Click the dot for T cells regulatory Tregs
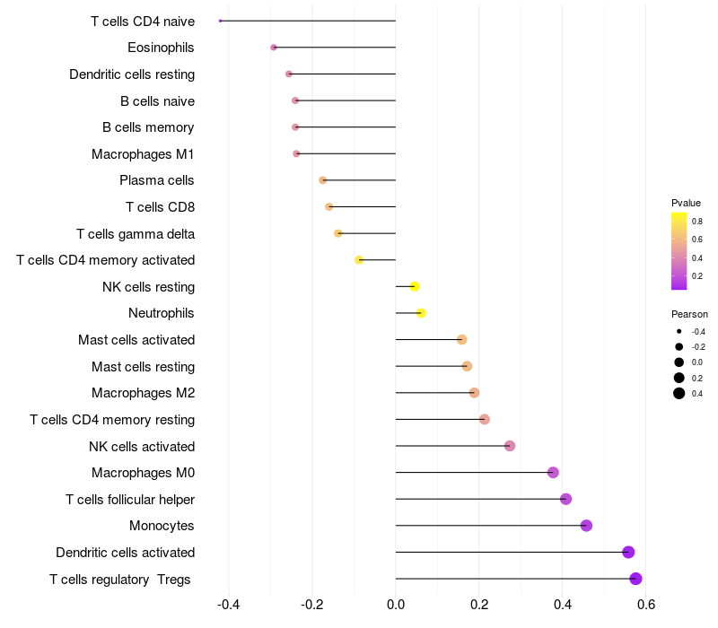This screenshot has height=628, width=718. click(x=635, y=579)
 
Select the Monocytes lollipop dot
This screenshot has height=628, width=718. click(x=586, y=526)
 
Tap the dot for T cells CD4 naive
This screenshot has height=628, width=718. click(x=221, y=21)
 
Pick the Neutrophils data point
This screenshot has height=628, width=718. click(x=421, y=313)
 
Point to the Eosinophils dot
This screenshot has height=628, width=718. click(x=274, y=47)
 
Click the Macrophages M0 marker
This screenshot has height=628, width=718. click(x=553, y=473)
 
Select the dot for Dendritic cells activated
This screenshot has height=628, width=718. click(x=628, y=552)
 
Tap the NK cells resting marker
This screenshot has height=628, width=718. click(x=414, y=287)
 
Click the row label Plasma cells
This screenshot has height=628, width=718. click(x=157, y=180)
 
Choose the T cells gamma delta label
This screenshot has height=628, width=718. click(x=136, y=234)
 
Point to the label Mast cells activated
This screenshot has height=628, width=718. click(x=136, y=340)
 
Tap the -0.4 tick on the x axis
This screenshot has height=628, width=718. click(x=229, y=604)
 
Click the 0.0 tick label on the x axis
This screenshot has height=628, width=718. click(x=396, y=604)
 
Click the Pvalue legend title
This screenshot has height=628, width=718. click(x=686, y=203)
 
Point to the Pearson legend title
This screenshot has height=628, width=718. click(x=689, y=315)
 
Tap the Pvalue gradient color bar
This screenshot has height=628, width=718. click(x=679, y=251)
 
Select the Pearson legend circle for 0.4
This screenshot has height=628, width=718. click(x=679, y=393)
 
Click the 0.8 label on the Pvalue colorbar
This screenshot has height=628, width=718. click(x=696, y=221)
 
